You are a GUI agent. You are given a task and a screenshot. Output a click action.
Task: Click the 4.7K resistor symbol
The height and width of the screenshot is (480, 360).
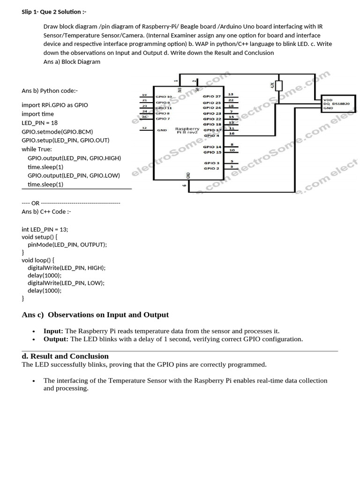point(279,86)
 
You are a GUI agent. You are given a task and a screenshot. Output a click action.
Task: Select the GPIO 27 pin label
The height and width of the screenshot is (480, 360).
point(211,97)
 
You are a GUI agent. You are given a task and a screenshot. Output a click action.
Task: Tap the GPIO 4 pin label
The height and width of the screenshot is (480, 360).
point(211,135)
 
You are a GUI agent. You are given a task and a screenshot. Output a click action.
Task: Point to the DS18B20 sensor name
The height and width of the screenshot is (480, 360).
point(341,104)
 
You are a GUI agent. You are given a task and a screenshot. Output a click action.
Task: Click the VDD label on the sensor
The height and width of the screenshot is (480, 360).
point(328,99)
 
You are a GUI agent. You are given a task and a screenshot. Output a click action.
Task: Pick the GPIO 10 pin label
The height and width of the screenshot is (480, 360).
point(164,97)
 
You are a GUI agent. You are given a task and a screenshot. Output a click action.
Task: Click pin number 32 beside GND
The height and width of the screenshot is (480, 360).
point(144,128)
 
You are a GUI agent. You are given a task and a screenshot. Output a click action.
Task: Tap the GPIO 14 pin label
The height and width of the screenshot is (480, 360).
point(212,147)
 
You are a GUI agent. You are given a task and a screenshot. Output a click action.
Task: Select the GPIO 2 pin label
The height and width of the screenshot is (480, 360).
point(211,168)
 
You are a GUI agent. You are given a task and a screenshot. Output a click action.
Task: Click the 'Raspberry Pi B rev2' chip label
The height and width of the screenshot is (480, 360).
point(187,130)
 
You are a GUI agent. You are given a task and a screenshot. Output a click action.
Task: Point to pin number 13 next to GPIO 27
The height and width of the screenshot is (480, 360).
point(231,95)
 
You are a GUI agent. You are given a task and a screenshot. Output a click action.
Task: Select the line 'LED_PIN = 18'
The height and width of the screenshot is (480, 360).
point(39,122)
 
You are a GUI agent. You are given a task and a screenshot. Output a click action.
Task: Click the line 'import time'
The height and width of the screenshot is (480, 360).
point(37,114)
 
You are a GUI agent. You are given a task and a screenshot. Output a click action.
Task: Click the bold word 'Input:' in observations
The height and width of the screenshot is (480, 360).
point(53,331)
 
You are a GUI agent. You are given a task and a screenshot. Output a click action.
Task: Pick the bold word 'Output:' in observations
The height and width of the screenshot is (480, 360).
point(56,339)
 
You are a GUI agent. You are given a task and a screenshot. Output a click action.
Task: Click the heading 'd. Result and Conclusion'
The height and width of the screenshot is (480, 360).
point(65,356)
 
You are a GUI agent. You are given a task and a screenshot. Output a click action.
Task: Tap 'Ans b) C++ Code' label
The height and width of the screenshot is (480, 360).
point(46,211)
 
